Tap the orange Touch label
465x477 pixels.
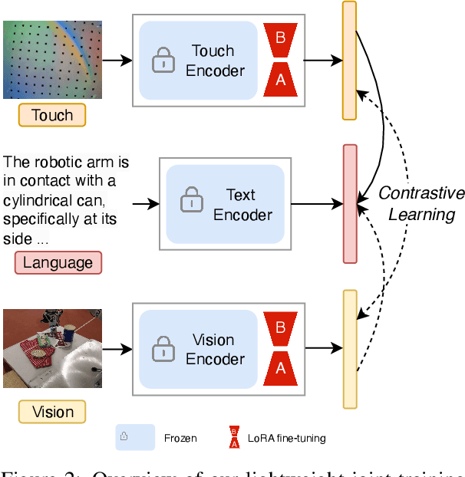[x=52, y=116]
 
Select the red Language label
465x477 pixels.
[x=58, y=263]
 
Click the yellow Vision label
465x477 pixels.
[x=52, y=412]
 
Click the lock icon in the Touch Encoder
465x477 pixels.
[x=163, y=61]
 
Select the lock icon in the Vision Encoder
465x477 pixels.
[x=163, y=349]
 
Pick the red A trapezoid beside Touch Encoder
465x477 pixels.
[x=280, y=77]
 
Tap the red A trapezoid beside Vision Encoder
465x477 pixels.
[x=280, y=367]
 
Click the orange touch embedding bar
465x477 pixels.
[x=349, y=61]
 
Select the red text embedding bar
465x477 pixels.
[x=350, y=202]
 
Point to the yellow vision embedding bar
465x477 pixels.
[x=350, y=349]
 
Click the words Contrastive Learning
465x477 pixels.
[x=420, y=203]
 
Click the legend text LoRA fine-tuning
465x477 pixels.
[x=288, y=439]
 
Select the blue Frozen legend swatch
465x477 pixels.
[x=135, y=438]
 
